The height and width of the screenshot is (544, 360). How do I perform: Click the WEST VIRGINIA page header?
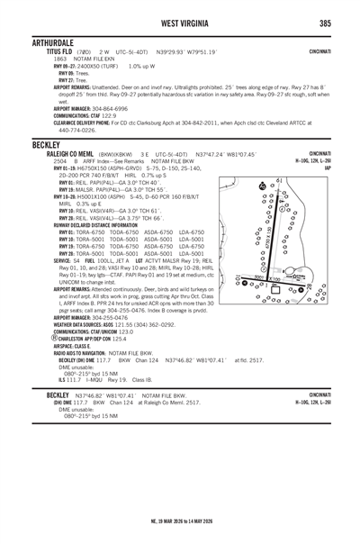click(180, 22)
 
